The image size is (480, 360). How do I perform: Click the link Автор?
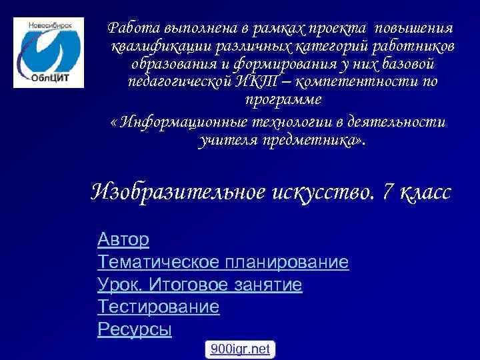tap(123, 239)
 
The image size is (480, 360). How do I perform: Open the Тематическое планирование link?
tap(223, 262)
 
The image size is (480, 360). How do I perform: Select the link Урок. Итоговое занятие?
tap(199, 285)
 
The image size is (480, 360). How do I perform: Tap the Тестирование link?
tap(158, 307)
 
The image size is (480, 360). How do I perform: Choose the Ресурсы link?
tap(134, 329)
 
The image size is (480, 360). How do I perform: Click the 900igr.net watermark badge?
tap(240, 349)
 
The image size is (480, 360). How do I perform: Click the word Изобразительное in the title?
tap(178, 193)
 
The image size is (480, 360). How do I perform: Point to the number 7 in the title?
tap(389, 193)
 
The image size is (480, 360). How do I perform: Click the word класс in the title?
tap(426, 193)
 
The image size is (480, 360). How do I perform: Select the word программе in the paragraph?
tap(283, 100)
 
